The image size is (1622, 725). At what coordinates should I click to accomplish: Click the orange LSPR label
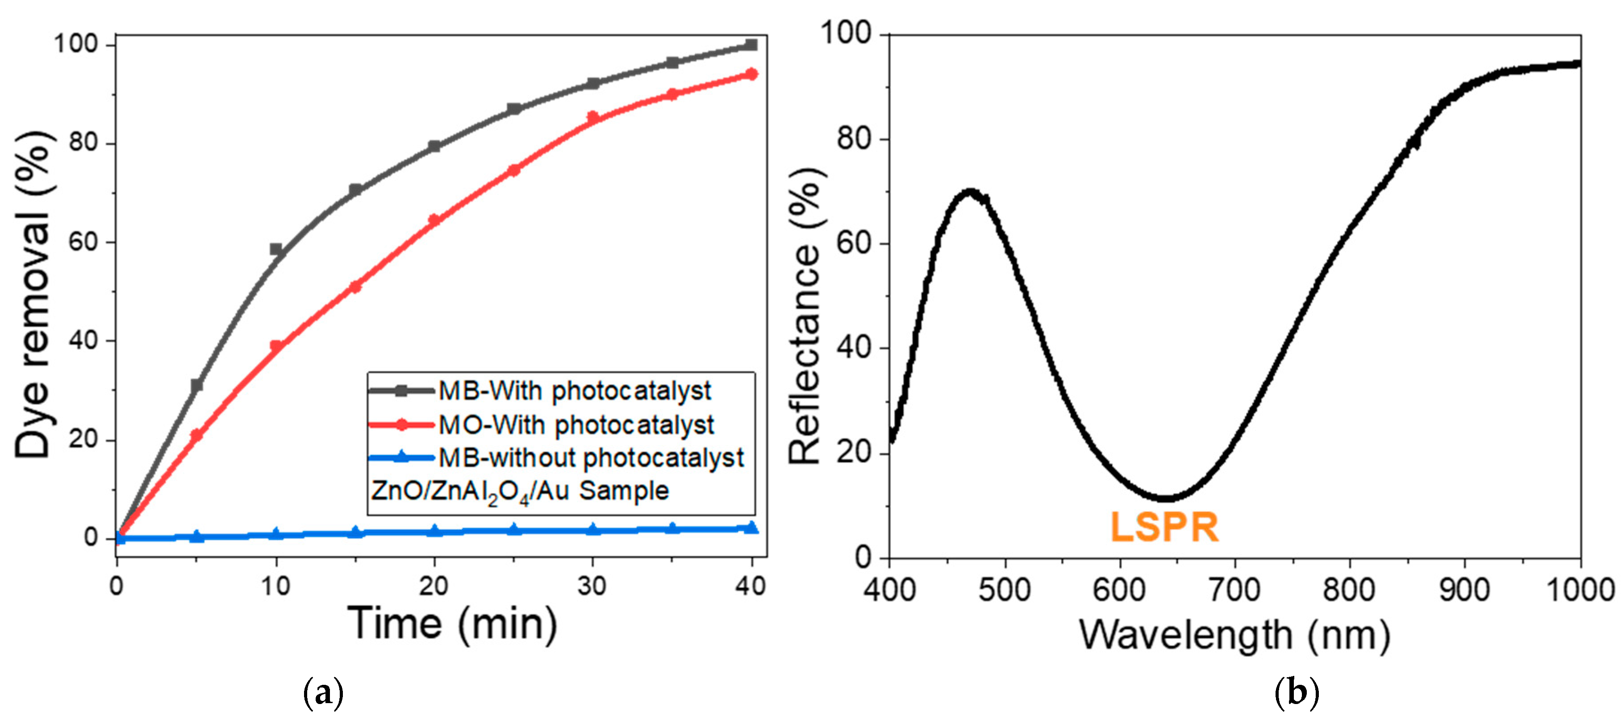[1163, 527]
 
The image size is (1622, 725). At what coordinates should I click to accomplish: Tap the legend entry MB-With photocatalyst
[574, 391]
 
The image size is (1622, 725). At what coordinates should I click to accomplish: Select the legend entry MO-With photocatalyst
[575, 425]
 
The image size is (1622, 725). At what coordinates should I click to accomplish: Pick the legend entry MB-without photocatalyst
[591, 458]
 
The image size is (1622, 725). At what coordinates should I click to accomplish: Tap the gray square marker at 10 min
[276, 249]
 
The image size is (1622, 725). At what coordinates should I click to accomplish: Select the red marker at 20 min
[434, 220]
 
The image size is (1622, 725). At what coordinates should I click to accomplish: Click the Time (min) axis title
[452, 624]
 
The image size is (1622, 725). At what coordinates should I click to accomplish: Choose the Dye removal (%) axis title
[33, 295]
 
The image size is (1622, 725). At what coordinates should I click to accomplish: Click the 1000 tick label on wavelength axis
[1580, 590]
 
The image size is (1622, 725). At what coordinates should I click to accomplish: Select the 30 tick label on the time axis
[592, 586]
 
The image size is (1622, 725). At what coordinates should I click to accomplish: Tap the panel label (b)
[1297, 692]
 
